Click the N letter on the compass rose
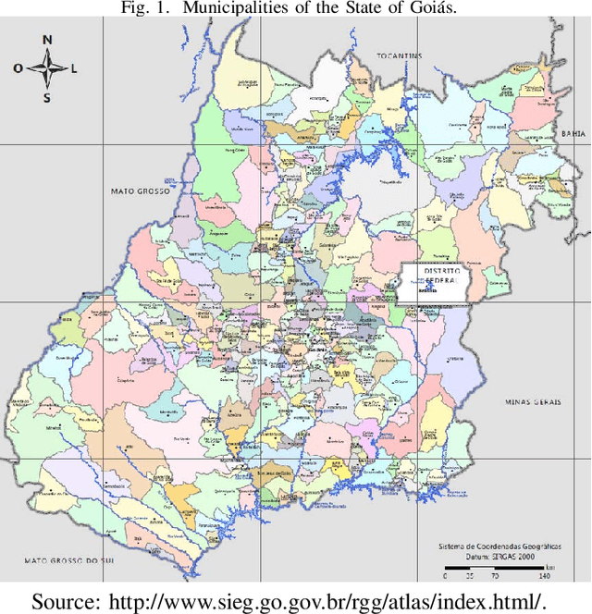pos(46,40)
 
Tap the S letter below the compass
pos(46,98)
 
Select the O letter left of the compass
pos(17,68)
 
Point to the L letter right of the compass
pos(75,68)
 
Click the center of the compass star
pos(46,68)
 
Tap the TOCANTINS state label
pos(399,56)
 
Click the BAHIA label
pos(573,134)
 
